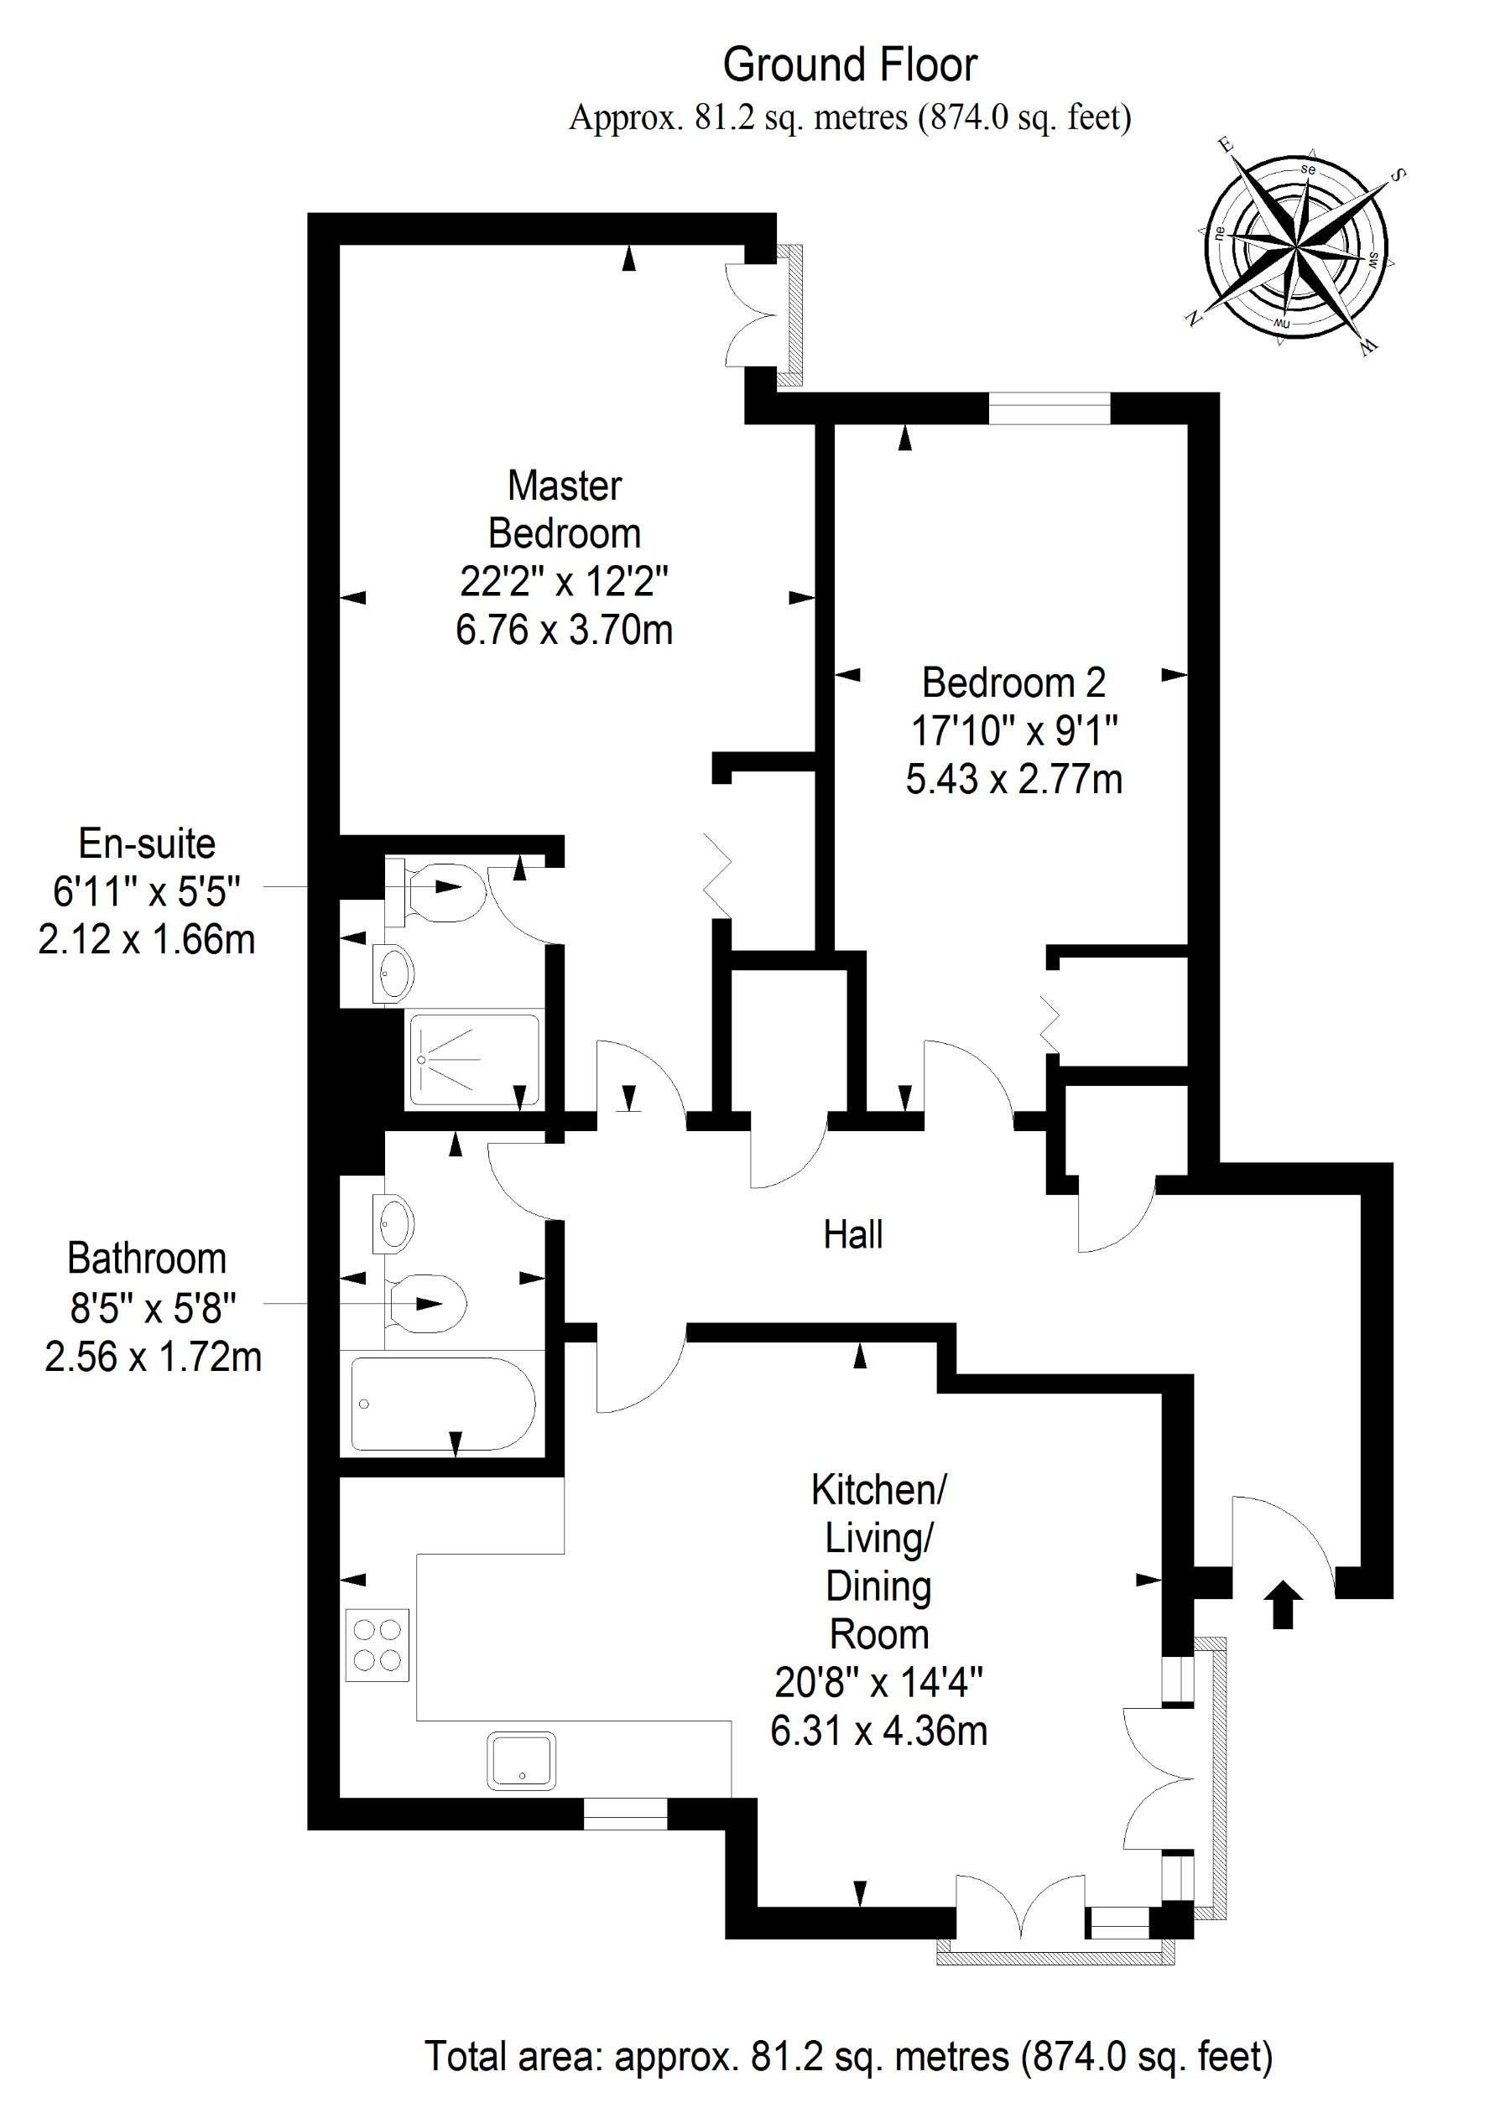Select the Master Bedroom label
click(565, 509)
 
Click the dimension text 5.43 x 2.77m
click(1013, 780)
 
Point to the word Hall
click(852, 1234)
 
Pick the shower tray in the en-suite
click(473, 1059)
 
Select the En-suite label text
click(148, 843)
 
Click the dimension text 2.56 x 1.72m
click(153, 1357)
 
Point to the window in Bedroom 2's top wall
click(1050, 408)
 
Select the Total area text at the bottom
click(848, 2055)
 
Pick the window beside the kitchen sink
click(625, 1840)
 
